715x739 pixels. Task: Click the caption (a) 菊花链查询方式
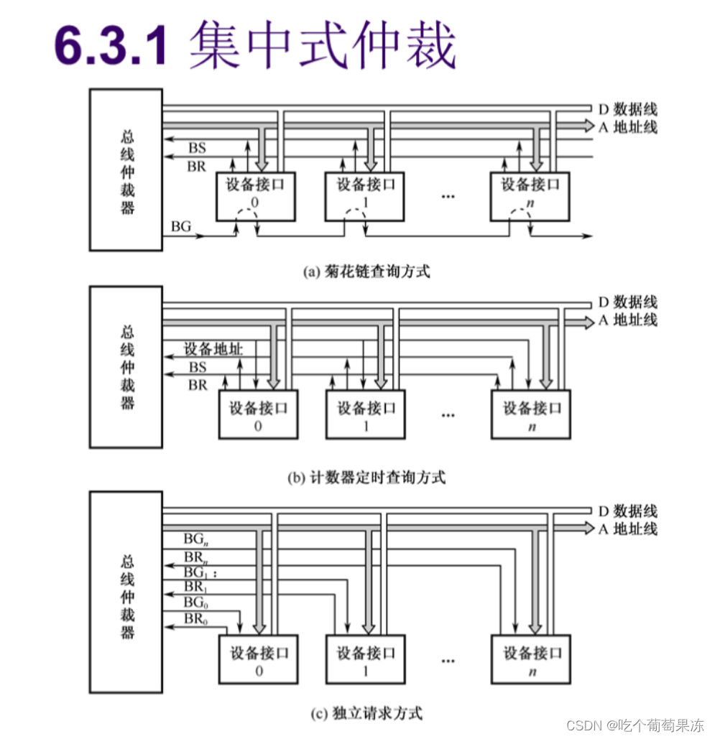pos(367,271)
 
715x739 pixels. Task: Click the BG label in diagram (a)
pos(181,226)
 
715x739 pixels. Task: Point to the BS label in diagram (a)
pos(197,148)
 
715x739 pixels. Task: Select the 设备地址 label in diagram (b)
pos(213,350)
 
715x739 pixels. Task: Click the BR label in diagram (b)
pos(198,386)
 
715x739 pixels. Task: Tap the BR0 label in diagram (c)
pos(193,618)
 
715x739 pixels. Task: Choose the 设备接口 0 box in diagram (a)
pos(256,196)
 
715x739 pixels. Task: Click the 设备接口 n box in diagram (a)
pos(530,196)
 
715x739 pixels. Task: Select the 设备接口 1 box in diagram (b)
pos(366,414)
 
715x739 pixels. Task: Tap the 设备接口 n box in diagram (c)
pos(530,659)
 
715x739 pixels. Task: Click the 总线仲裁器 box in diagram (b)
pos(126,366)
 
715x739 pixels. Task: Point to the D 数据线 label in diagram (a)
pos(627,110)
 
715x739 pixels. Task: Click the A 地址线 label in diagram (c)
pos(627,529)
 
